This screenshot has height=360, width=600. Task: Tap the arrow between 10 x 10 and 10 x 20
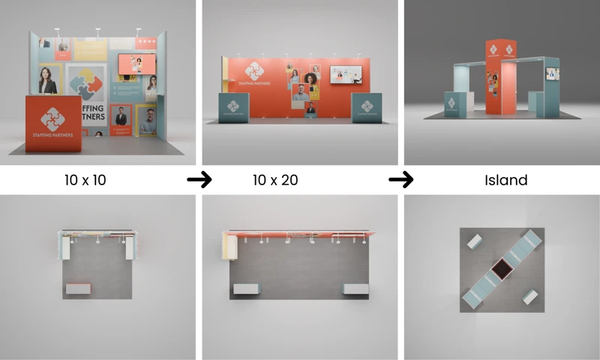coord(199,180)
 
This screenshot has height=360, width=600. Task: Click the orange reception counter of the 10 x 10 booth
coord(53,123)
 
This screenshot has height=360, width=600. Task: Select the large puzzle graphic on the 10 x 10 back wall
coord(85,82)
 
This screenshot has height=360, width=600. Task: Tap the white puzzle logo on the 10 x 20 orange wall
coord(254,71)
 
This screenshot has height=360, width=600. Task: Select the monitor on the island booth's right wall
coord(553,73)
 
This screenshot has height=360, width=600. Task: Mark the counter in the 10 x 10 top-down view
coord(78,289)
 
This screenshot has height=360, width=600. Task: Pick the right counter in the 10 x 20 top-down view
coord(355,289)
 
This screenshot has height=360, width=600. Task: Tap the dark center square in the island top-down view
coord(500,267)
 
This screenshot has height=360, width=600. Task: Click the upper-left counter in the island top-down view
coord(475,241)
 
